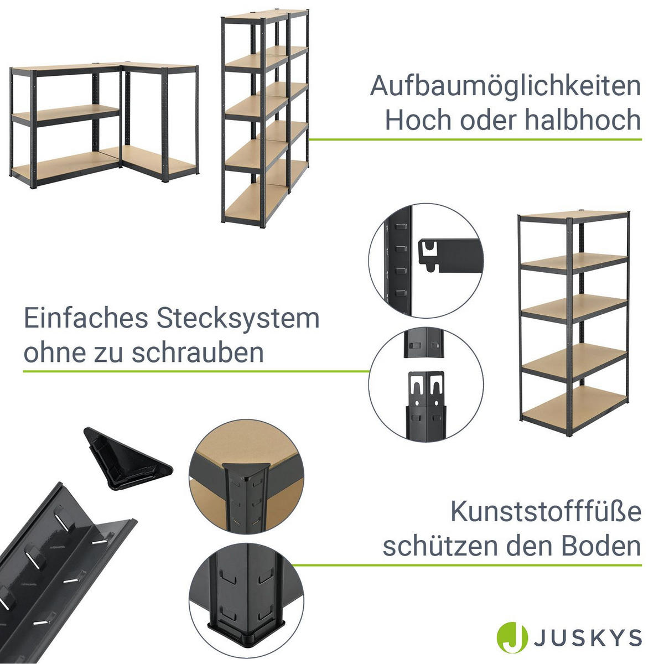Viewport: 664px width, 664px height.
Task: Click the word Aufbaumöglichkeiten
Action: click(505, 87)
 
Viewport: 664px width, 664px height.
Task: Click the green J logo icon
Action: click(511, 637)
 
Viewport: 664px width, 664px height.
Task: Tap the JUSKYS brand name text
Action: click(588, 638)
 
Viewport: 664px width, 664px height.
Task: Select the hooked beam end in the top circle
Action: click(448, 255)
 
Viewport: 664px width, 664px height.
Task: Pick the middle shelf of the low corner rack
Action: click(66, 113)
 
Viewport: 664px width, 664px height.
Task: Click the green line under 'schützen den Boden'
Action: click(465, 565)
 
